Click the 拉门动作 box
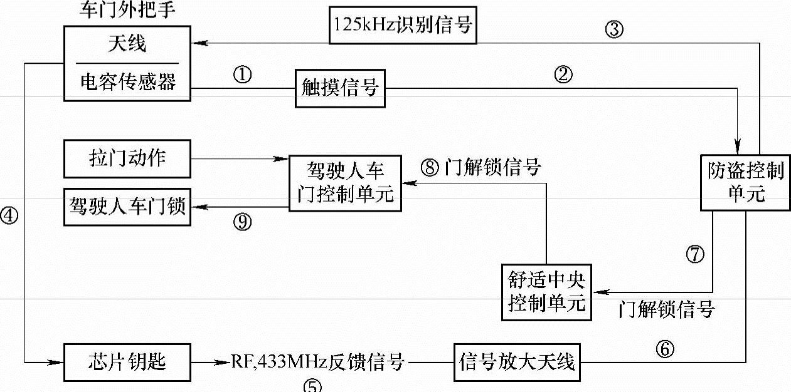(x=127, y=158)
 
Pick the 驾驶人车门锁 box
(x=127, y=206)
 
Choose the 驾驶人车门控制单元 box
(x=344, y=182)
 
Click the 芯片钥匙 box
(x=127, y=362)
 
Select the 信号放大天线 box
(x=517, y=362)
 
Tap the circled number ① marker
(x=242, y=76)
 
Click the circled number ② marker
(x=563, y=76)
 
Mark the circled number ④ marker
(x=11, y=214)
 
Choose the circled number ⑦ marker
(x=696, y=254)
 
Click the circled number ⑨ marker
(x=242, y=221)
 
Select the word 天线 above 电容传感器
(x=127, y=44)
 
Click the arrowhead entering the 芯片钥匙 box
(x=59, y=362)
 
